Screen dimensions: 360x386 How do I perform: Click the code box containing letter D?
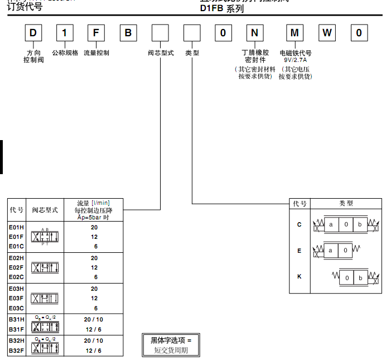click(33, 33)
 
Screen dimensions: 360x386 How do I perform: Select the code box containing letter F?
click(96, 33)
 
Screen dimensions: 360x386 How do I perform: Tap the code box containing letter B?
click(128, 33)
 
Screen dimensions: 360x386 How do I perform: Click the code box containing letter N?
click(254, 33)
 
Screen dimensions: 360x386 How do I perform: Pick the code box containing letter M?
click(295, 33)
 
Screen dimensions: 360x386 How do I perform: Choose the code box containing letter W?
click(327, 33)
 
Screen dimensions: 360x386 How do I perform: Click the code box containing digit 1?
click(65, 33)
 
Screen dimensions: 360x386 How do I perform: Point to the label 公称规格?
click(65, 53)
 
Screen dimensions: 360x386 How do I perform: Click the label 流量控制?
click(96, 53)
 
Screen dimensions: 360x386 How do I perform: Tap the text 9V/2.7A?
click(295, 60)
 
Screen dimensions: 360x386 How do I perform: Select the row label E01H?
click(16, 227)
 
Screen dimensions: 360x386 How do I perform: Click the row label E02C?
click(16, 277)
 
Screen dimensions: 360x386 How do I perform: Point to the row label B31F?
click(16, 329)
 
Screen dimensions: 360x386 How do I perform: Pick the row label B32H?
click(16, 340)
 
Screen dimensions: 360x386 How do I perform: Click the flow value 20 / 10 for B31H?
click(93, 319)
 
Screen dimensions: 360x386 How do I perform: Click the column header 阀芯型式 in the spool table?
click(45, 210)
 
